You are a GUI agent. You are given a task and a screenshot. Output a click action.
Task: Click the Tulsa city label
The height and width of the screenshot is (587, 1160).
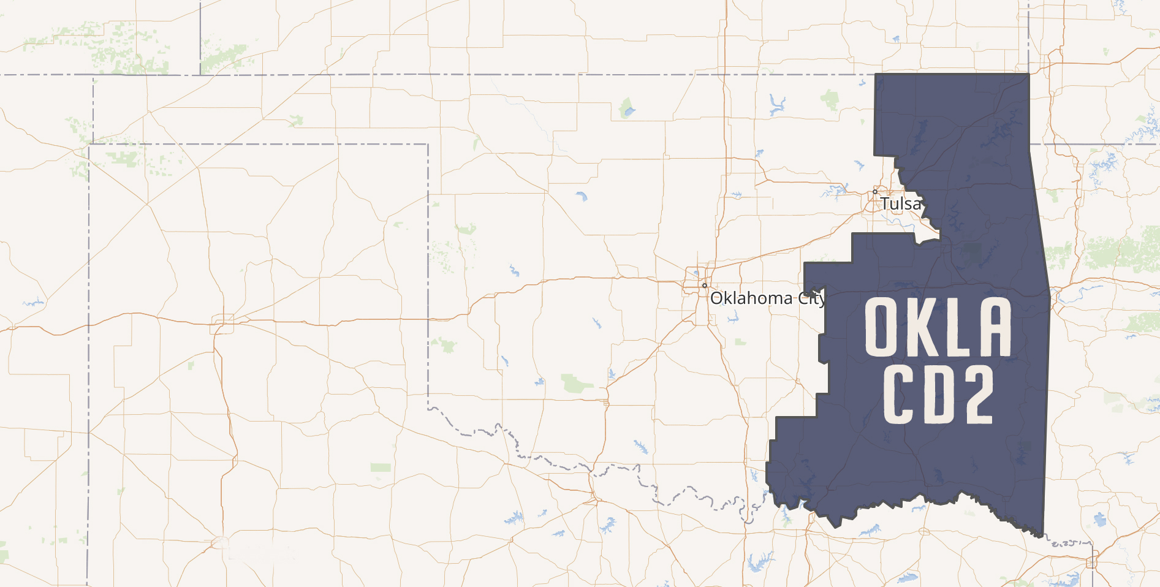[900, 203]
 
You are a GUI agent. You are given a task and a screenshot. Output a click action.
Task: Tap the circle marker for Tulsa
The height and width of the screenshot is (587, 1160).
[875, 192]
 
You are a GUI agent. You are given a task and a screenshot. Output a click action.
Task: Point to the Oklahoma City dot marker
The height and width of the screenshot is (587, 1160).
[705, 286]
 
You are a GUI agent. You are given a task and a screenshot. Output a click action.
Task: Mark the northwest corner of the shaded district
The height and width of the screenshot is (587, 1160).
[875, 74]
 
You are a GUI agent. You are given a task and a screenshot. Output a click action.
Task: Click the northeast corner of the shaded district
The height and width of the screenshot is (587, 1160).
[1029, 74]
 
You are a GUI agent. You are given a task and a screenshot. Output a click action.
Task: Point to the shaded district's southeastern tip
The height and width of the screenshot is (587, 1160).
[1042, 537]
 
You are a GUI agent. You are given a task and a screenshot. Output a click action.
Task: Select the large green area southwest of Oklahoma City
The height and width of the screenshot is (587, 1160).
[576, 384]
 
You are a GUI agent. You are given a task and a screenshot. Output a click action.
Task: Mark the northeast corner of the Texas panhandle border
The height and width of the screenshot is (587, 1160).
[428, 145]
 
